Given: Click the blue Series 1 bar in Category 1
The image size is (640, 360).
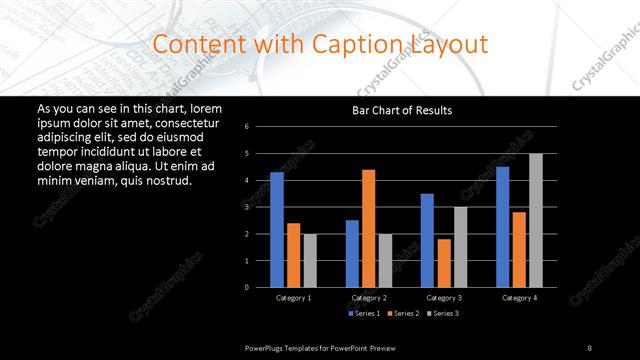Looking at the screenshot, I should pos(276,230).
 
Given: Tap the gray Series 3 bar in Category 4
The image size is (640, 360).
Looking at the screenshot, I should pos(536,220).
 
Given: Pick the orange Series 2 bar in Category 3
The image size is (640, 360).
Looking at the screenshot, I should pos(444,263).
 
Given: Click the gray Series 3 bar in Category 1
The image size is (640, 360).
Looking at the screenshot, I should pos(310,260).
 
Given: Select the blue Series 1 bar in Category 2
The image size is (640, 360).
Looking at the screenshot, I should pos(352,253).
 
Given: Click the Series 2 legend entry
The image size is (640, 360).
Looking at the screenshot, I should pos(401,314).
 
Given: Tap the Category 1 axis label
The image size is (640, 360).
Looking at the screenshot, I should pos(293,298).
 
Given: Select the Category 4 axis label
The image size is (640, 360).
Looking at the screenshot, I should pos(518,298).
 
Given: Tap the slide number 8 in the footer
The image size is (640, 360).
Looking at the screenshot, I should pos(590,347).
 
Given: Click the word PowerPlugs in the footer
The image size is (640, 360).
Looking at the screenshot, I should pos(267,347).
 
